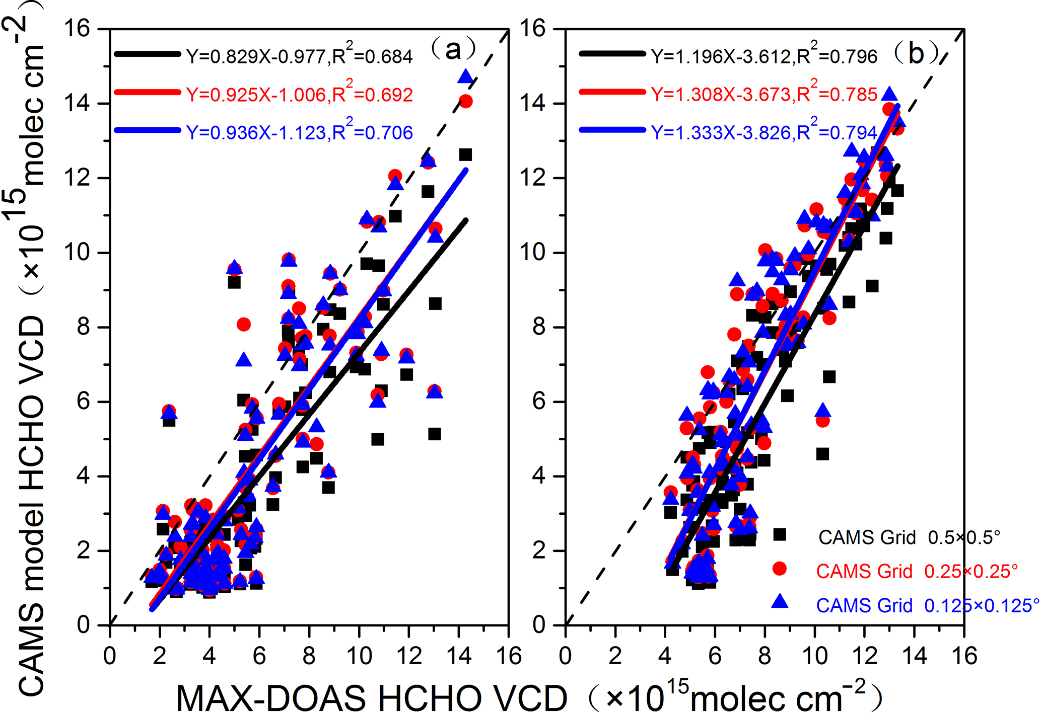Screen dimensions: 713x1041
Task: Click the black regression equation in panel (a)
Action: (x=299, y=56)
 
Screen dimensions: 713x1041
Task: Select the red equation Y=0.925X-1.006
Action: (x=299, y=94)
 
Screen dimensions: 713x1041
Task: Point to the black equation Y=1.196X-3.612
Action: (x=764, y=56)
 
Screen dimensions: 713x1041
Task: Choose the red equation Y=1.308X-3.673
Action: (x=764, y=94)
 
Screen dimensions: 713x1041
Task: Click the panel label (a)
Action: (x=453, y=49)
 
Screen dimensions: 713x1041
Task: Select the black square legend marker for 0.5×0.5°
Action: (x=780, y=534)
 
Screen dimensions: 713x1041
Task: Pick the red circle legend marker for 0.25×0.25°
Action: (x=780, y=569)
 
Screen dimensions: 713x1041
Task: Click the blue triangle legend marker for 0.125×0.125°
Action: (x=780, y=601)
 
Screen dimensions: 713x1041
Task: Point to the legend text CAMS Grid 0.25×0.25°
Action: (x=917, y=572)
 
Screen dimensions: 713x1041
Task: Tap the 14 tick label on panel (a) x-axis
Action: (x=459, y=656)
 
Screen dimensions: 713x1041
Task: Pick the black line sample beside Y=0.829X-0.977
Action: (x=147, y=54)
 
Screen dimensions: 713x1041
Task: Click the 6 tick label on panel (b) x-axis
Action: (x=715, y=656)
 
